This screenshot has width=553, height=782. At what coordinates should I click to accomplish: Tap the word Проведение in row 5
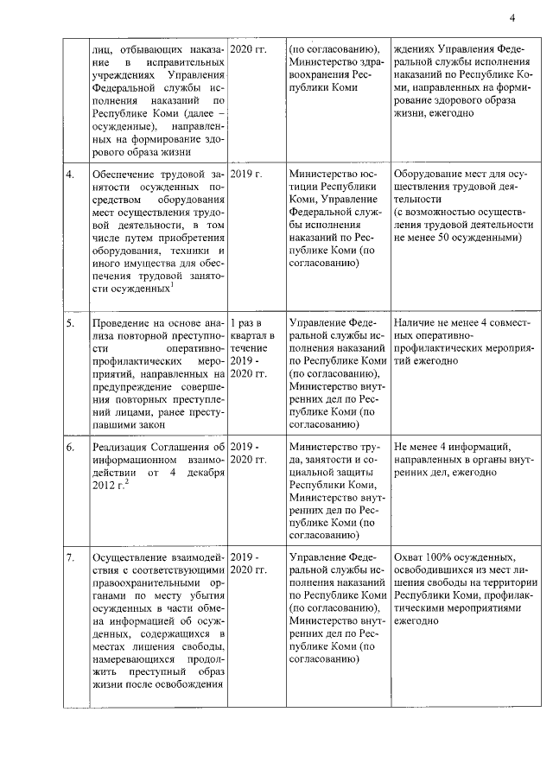[124, 322]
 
